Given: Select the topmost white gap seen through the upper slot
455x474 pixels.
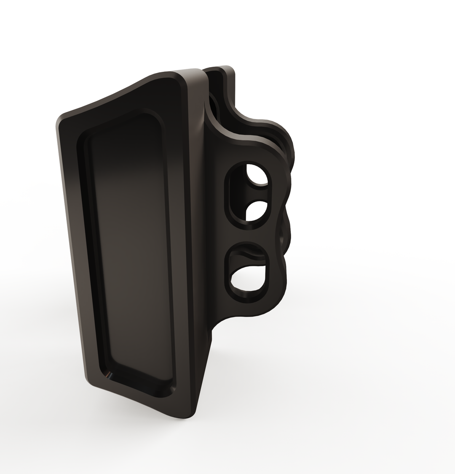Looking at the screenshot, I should coord(257,174).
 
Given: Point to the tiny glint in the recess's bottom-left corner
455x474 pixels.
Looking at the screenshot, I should coord(109,374).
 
